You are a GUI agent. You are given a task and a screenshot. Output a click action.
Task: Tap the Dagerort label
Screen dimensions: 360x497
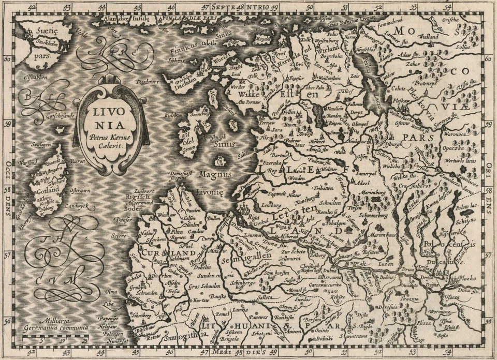point(145,82)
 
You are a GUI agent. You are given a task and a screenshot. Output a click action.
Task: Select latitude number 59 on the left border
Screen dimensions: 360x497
point(7,124)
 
